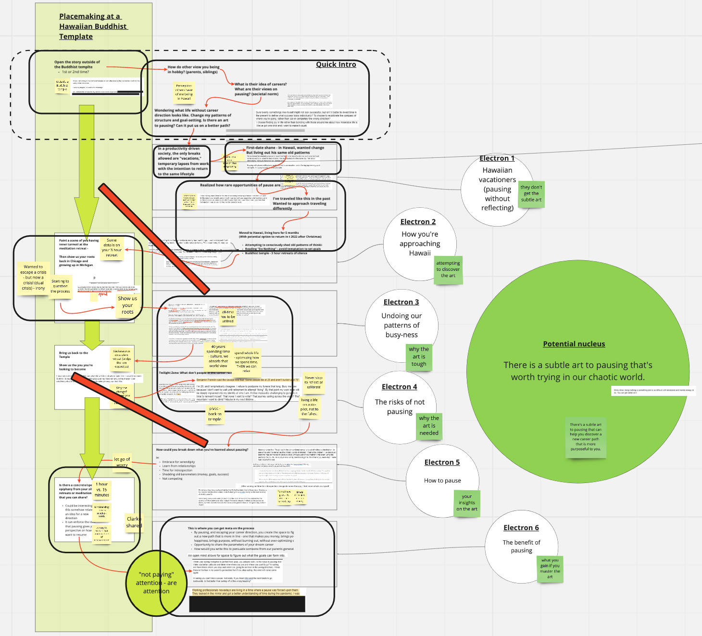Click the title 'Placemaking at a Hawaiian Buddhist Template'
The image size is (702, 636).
93,26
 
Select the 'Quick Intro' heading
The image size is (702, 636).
336,64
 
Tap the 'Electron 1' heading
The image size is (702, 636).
497,158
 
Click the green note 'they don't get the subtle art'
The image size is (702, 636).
531,193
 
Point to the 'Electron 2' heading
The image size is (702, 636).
418,222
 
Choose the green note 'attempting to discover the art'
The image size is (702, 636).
448,269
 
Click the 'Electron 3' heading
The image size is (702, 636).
401,302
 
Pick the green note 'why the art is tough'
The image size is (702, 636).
418,356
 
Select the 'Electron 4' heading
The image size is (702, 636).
399,387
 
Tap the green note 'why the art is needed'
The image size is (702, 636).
428,425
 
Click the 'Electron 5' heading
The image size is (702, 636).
442,462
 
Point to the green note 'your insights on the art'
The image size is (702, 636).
466,503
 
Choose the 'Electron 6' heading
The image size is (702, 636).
521,528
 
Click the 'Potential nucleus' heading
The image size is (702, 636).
574,344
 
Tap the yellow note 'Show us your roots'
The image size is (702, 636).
127,305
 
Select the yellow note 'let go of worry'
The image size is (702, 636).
122,462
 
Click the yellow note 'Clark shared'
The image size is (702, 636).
134,522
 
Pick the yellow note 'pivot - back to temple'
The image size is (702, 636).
214,414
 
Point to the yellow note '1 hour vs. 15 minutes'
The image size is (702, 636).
101,489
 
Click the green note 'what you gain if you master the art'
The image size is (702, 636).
550,568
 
